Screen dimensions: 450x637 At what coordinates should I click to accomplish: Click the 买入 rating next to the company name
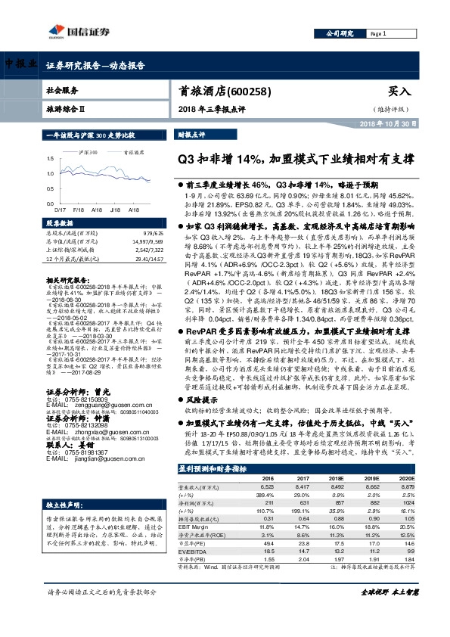[x=399, y=91]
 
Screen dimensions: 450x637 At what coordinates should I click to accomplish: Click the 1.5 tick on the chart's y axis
[x=50, y=159]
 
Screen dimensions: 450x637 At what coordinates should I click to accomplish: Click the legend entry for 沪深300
[x=85, y=152]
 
